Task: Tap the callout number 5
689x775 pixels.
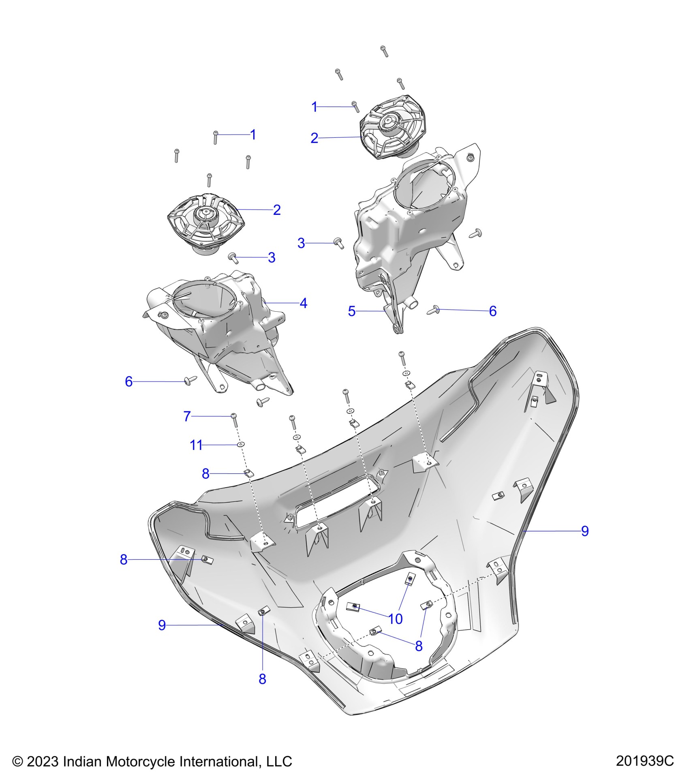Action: (x=351, y=311)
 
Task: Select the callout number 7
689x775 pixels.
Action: (x=187, y=416)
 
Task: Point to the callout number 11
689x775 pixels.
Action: (x=196, y=445)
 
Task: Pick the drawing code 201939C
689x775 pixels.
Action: (x=645, y=761)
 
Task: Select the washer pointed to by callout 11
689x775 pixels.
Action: (x=240, y=445)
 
